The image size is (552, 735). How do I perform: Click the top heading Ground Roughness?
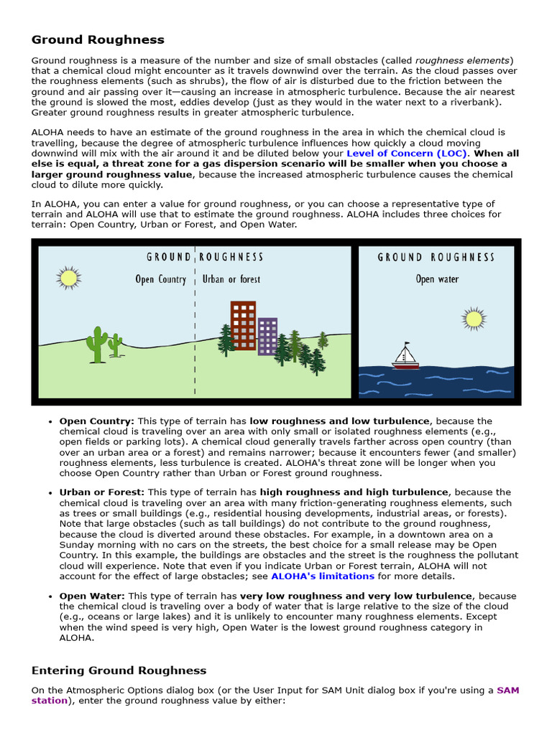pyautogui.click(x=98, y=40)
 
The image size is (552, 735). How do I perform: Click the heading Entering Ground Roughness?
pyautogui.click(x=119, y=670)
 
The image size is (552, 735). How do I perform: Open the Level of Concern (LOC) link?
pyautogui.click(x=407, y=154)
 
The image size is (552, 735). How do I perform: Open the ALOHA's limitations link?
pyautogui.click(x=323, y=576)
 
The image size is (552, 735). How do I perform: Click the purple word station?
pyautogui.click(x=49, y=701)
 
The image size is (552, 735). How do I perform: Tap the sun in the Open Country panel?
pyautogui.click(x=69, y=277)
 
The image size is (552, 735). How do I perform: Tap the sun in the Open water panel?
pyautogui.click(x=473, y=318)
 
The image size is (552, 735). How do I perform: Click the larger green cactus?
pyautogui.click(x=96, y=345)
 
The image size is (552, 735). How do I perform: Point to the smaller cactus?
pyautogui.click(x=115, y=345)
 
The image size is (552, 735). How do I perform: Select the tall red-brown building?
pyautogui.click(x=243, y=325)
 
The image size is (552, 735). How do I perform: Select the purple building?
pyautogui.click(x=267, y=336)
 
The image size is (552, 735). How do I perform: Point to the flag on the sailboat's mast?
pyautogui.click(x=407, y=344)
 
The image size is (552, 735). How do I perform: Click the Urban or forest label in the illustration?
pyautogui.click(x=231, y=279)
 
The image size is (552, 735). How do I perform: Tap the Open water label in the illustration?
pyautogui.click(x=436, y=279)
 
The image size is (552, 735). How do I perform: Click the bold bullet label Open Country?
pyautogui.click(x=96, y=421)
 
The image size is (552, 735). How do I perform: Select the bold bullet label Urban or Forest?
pyautogui.click(x=101, y=492)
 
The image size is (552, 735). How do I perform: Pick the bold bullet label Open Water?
pyautogui.click(x=92, y=596)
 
